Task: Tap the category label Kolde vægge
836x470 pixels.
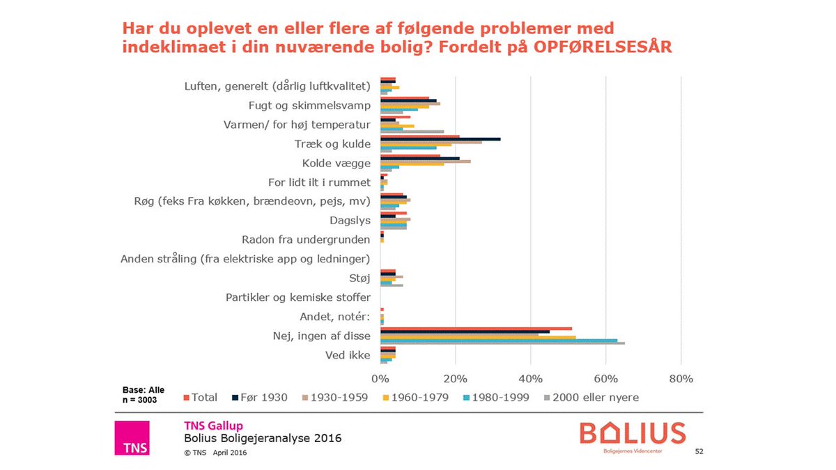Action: [336, 164]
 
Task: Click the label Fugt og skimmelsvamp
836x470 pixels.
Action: [309, 106]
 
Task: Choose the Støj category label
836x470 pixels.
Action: [359, 279]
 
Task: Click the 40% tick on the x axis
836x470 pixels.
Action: [530, 379]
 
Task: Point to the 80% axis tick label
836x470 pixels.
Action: [681, 379]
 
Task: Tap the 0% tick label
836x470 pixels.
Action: [380, 379]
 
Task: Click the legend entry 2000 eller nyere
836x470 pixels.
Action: [590, 398]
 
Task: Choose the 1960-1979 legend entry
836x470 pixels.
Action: [421, 398]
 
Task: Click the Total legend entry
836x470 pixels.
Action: [201, 398]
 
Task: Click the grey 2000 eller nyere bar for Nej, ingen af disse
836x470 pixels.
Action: [502, 343]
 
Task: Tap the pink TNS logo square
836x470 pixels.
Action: [132, 438]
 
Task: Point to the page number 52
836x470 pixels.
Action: [699, 452]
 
